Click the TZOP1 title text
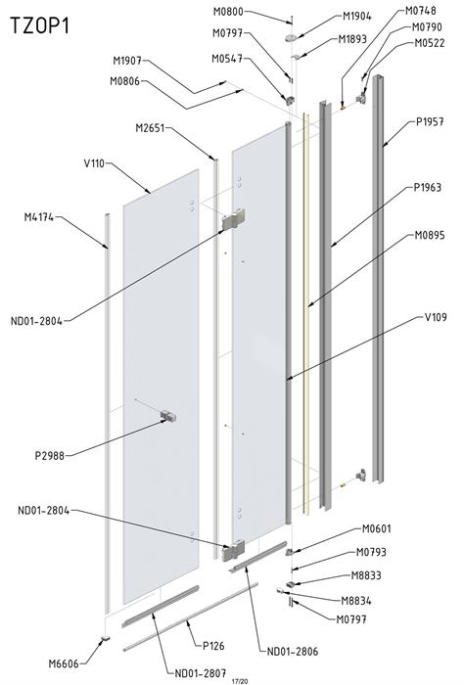point(40,25)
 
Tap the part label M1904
point(356,17)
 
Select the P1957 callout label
point(430,122)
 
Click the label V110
point(94,163)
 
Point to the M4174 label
point(39,216)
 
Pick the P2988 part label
point(49,456)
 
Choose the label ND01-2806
point(293,652)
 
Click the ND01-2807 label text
point(200,673)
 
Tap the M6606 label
point(64,663)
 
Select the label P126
point(213,645)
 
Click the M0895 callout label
point(430,236)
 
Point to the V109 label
point(436,317)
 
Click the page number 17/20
point(240,681)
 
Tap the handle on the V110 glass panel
point(168,416)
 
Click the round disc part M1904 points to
point(291,38)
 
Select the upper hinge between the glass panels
point(234,219)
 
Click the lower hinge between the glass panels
point(234,550)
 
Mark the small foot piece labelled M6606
point(105,639)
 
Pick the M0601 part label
point(376,528)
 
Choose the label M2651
point(150,128)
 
